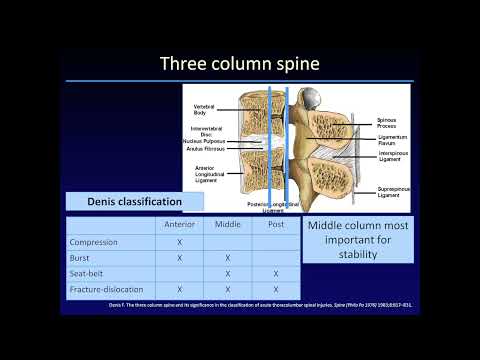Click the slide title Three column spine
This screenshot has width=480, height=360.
coord(239,64)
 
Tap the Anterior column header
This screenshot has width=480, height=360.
coord(179,225)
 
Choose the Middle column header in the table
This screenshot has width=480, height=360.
coord(228,225)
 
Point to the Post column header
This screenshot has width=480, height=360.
coord(275,225)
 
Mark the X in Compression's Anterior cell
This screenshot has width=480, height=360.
coord(179,241)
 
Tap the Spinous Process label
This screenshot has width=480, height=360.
coord(388,122)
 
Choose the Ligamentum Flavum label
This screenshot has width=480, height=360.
coord(391,140)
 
